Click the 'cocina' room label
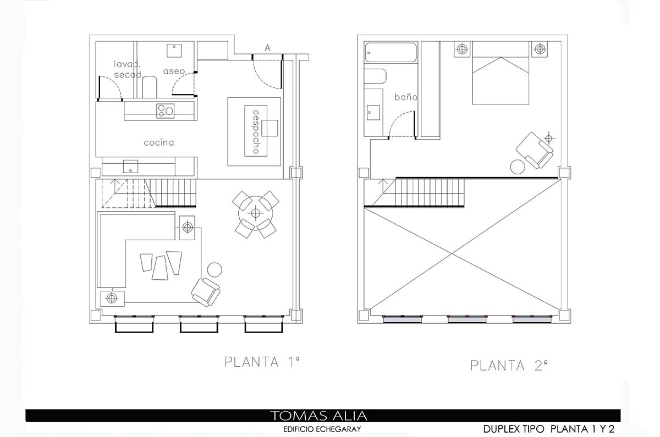[x=159, y=143]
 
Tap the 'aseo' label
[x=174, y=71]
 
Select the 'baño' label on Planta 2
[x=406, y=97]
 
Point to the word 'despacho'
[x=256, y=131]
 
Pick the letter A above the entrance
[x=267, y=48]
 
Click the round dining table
[x=256, y=213]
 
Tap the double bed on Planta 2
[x=501, y=73]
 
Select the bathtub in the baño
[x=391, y=52]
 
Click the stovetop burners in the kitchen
[x=166, y=111]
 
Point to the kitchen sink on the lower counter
[x=130, y=167]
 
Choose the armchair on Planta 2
[x=534, y=150]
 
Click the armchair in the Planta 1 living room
[x=206, y=292]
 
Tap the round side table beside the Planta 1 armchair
[x=215, y=270]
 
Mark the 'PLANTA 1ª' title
[x=262, y=362]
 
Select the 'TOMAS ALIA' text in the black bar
[x=319, y=416]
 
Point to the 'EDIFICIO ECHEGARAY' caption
[x=322, y=429]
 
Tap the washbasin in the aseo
[x=174, y=51]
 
